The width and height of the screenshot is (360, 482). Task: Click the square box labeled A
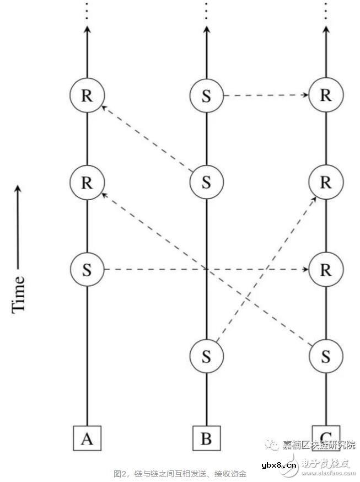point(87,438)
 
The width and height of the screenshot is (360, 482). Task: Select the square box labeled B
point(206,438)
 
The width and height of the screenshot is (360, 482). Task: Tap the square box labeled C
point(326,436)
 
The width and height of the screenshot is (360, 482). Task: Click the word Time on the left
point(19,294)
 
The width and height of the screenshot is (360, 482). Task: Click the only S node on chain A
point(87,269)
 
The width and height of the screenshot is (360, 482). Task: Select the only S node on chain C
point(326,356)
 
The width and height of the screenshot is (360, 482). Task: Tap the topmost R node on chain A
point(87,95)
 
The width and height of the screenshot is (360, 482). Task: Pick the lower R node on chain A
point(87,183)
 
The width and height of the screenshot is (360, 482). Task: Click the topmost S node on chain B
point(206,95)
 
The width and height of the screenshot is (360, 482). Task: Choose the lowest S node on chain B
point(206,356)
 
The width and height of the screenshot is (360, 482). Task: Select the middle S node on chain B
point(206,183)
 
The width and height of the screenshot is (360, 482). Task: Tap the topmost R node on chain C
point(326,95)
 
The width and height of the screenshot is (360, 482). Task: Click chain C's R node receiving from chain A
point(326,269)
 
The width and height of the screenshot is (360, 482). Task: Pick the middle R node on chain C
point(326,183)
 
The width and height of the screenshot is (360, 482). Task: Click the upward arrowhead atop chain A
point(87,32)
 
